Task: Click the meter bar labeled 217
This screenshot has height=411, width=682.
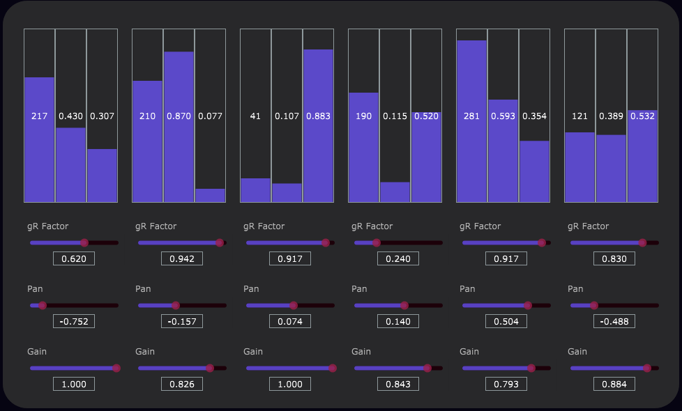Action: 40,139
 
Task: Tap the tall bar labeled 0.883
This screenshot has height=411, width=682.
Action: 318,125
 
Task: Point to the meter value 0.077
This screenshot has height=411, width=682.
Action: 211,116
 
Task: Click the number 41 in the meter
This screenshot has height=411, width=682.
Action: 255,116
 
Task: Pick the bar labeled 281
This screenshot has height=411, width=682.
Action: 471,121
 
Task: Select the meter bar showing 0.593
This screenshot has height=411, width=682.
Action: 503,150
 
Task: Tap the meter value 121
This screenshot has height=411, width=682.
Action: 579,116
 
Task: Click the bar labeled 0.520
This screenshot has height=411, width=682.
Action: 426,157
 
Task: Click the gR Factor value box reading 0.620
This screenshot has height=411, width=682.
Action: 74,258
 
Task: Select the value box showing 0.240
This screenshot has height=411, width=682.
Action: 398,258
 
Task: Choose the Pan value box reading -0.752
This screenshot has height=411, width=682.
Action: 74,321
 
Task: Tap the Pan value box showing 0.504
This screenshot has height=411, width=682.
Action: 506,321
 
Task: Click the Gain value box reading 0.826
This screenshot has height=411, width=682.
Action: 182,384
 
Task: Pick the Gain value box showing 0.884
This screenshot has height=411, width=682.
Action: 614,384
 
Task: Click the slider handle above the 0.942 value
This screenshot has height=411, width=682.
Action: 220,242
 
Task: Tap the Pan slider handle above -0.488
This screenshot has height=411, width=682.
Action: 593,305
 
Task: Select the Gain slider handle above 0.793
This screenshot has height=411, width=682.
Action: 531,368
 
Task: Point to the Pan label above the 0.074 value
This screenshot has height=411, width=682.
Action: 251,289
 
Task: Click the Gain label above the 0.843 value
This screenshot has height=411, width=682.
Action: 361,352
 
